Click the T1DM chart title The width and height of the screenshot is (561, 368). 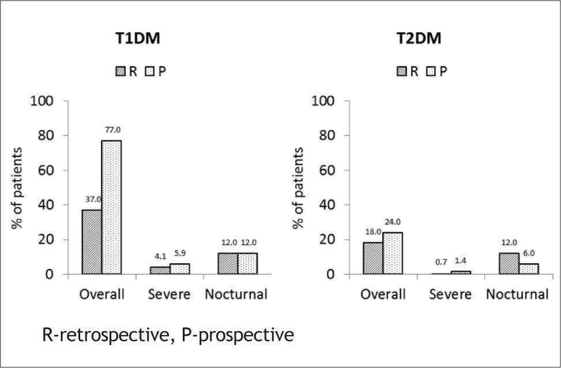pos(137,40)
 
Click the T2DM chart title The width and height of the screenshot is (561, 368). pos(418,40)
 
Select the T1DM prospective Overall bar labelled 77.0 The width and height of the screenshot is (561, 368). pos(112,207)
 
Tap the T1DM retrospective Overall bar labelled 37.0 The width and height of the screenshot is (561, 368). pos(92,242)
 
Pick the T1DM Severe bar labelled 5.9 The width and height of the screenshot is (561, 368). pos(179,269)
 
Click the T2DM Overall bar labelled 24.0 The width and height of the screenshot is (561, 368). pos(393,253)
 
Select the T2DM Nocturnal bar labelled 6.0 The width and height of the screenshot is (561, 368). pos(528,269)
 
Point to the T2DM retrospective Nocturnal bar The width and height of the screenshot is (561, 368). pos(509,264)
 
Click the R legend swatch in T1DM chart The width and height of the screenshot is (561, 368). pos(121,71)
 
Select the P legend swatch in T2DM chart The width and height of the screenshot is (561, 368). pos(430,71)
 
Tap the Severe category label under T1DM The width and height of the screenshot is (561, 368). pos(169,294)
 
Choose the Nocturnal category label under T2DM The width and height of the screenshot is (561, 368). pos(517,294)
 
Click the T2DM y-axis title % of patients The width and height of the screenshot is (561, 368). pos(298,188)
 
